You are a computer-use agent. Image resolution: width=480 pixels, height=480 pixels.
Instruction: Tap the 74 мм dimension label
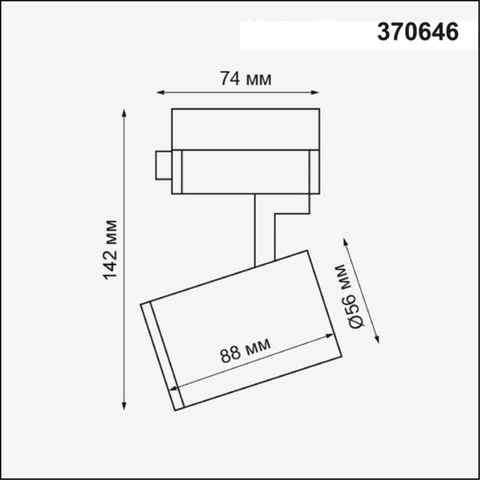[245, 79]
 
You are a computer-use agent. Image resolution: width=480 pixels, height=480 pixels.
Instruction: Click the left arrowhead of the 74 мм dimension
[160, 92]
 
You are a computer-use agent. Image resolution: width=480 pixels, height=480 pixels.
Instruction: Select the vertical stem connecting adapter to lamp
[256, 230]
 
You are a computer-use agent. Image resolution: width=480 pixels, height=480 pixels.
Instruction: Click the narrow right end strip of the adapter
[314, 171]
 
